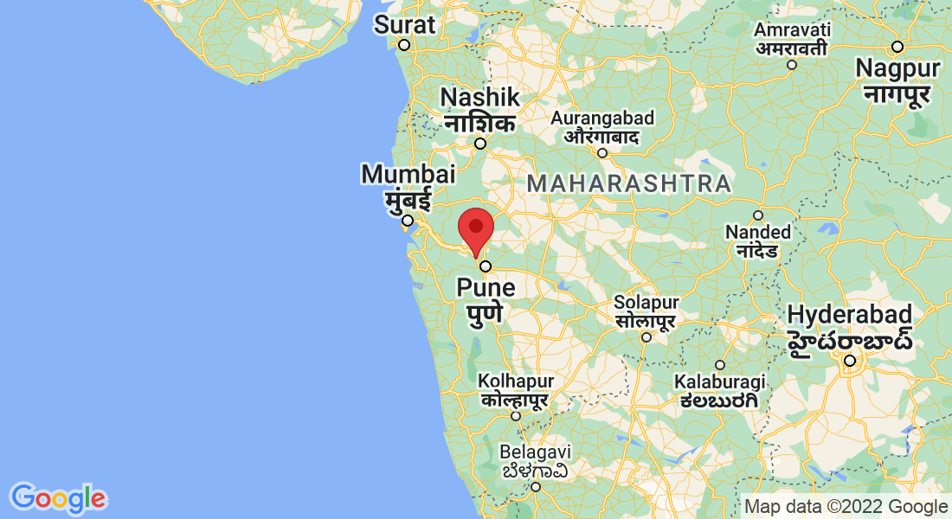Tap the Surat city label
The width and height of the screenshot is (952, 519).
pyautogui.click(x=405, y=25)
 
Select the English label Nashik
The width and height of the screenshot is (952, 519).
pyautogui.click(x=480, y=97)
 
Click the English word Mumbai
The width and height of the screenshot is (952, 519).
pyautogui.click(x=408, y=174)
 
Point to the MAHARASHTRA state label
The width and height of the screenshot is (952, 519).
pyautogui.click(x=629, y=183)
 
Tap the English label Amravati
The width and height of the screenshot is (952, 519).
pyautogui.click(x=792, y=29)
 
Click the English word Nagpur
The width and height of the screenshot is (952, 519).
pyautogui.click(x=897, y=67)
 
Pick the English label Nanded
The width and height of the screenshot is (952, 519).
pyautogui.click(x=758, y=232)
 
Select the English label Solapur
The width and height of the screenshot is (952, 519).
pyautogui.click(x=646, y=303)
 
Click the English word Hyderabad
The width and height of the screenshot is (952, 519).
pyautogui.click(x=850, y=314)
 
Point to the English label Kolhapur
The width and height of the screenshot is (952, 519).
pyautogui.click(x=517, y=381)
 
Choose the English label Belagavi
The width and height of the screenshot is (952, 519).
pyautogui.click(x=536, y=452)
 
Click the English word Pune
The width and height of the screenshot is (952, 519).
pyautogui.click(x=486, y=287)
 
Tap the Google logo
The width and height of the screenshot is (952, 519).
pyautogui.click(x=58, y=497)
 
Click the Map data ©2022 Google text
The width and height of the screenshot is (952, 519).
pyautogui.click(x=846, y=507)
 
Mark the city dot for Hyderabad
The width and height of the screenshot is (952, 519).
pyautogui.click(x=851, y=361)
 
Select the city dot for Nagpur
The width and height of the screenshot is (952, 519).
pyautogui.click(x=897, y=46)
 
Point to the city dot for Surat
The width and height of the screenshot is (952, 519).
pyautogui.click(x=403, y=45)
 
